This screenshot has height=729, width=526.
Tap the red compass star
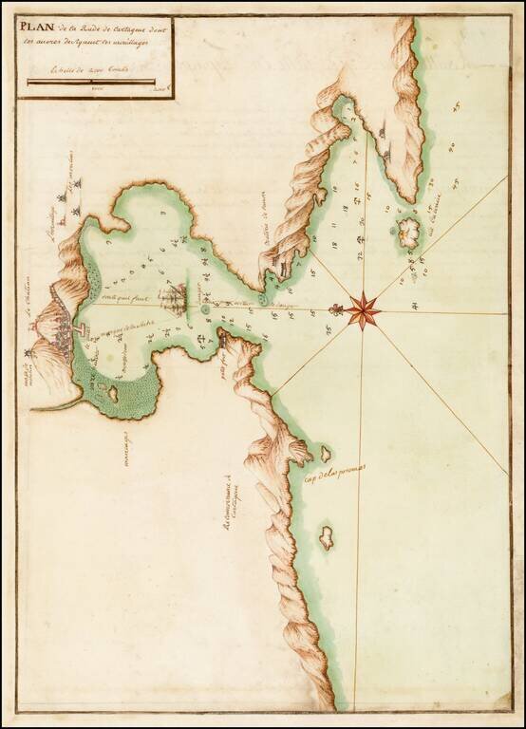point(363,309)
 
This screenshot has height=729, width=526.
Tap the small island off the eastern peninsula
point(409,232)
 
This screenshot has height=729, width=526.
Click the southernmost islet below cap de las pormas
point(326,537)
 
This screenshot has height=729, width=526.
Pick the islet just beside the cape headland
point(325,454)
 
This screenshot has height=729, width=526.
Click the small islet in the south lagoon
point(112,390)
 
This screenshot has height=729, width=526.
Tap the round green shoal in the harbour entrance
point(205,308)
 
